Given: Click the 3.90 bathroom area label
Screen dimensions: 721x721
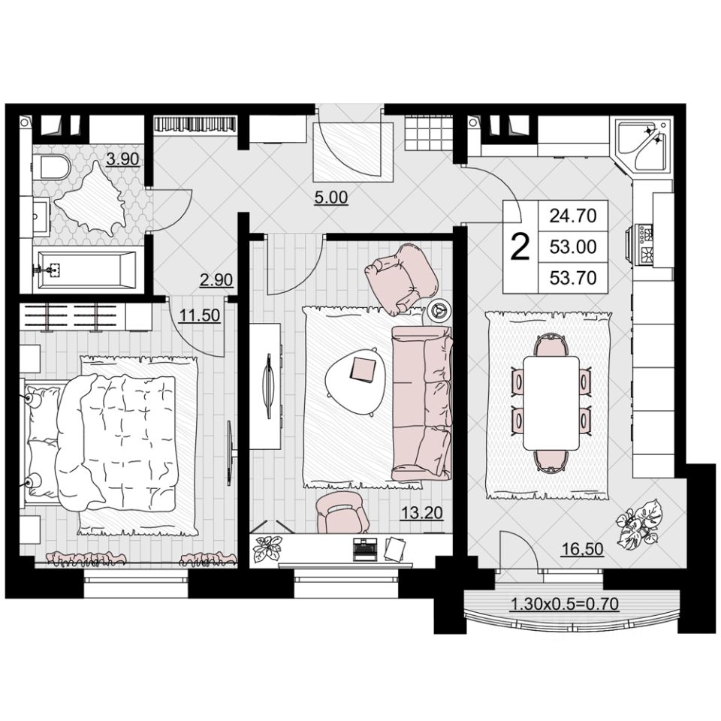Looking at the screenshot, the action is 122,159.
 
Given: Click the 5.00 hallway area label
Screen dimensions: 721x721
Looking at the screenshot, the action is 331,198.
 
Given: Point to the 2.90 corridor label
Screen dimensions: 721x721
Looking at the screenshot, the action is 216,280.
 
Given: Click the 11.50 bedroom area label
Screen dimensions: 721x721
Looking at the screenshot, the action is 200,315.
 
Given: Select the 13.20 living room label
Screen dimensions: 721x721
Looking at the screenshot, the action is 421,513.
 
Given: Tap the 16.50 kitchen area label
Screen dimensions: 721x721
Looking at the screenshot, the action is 583,549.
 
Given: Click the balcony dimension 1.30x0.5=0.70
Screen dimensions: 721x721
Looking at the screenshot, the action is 565,603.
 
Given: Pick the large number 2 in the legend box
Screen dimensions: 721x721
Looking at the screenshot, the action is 520,247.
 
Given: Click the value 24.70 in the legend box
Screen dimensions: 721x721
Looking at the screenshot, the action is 573,216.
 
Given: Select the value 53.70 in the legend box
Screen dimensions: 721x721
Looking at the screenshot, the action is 573,278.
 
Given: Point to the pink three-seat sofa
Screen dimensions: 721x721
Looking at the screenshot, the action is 422,403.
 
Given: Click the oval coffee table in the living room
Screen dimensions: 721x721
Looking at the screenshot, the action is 353,374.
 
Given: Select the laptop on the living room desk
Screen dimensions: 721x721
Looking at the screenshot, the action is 364,549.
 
